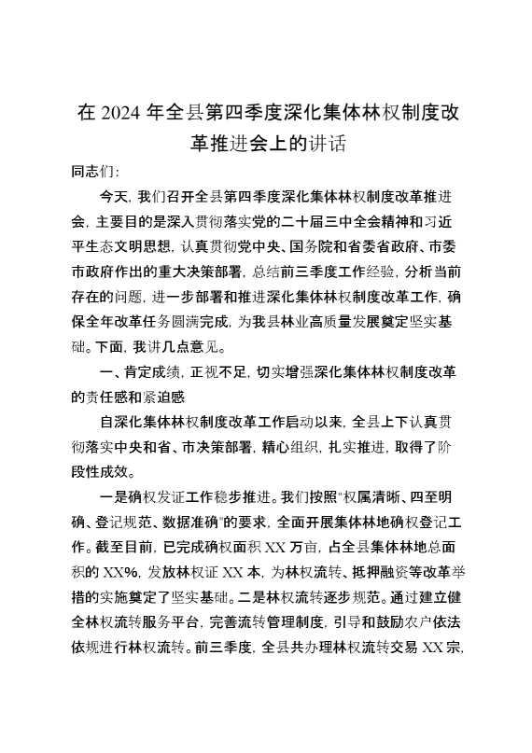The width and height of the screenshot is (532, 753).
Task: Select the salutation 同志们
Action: pos(95,173)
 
